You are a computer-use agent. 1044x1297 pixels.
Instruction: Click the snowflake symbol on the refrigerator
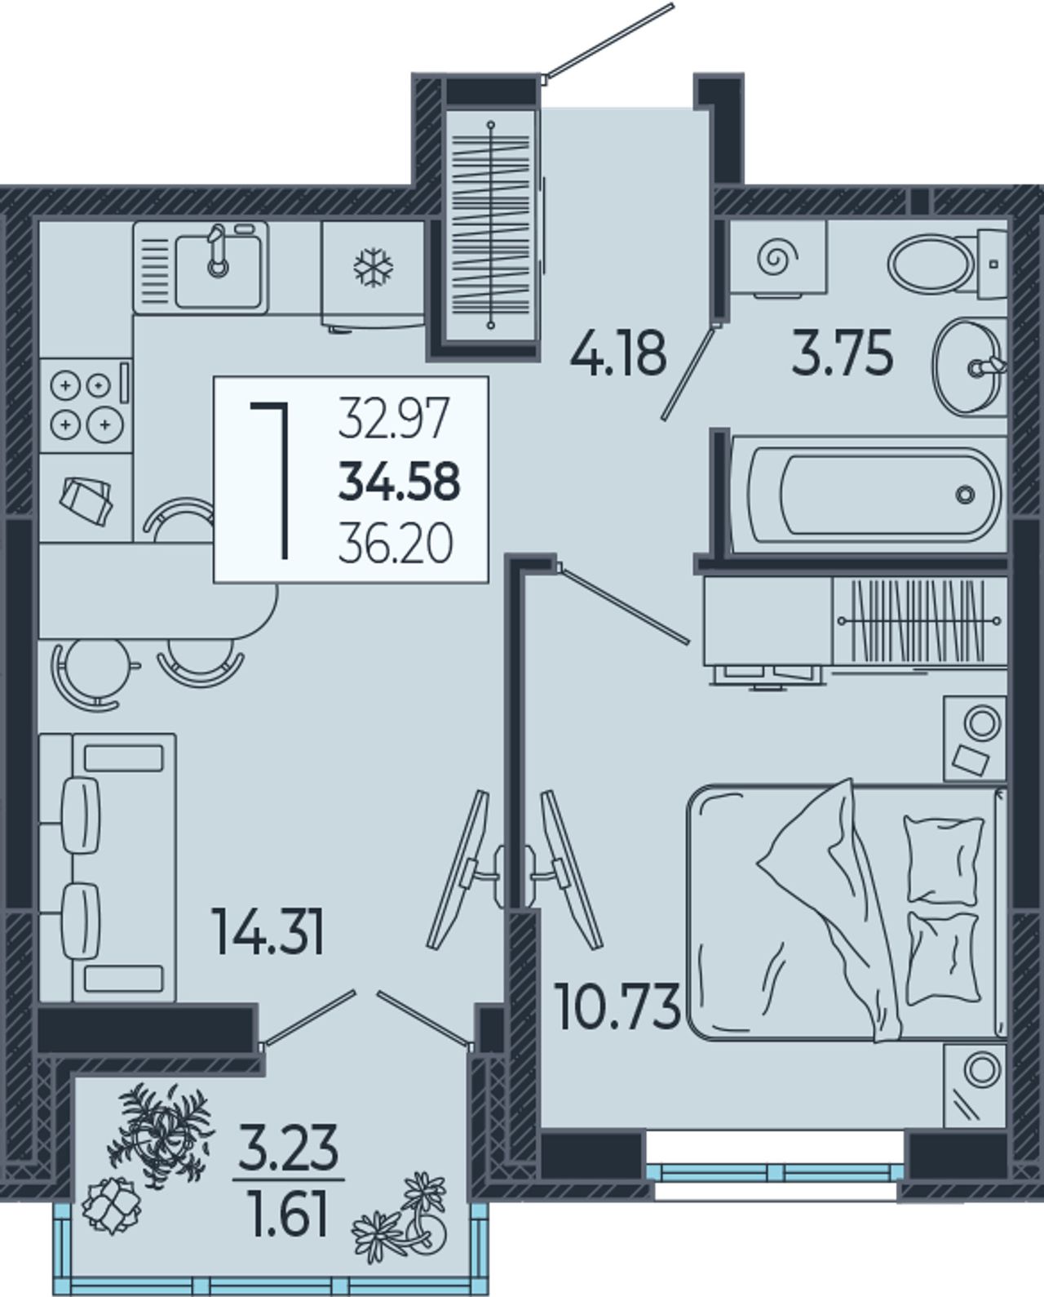374,267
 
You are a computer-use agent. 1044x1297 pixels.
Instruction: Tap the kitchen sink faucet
218,250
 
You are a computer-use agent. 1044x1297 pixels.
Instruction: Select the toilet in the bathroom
947,264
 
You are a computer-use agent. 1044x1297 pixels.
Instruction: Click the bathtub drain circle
965,494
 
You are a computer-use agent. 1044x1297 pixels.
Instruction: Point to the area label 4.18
618,353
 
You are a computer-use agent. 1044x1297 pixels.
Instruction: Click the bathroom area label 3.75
842,353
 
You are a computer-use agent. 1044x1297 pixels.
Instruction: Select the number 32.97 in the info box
394,417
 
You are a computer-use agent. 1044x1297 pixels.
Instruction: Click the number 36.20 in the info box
396,543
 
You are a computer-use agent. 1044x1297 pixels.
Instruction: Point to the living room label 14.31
268,932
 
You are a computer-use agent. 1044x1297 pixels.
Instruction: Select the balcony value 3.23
288,1146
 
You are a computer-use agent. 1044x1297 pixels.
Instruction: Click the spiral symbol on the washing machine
778,260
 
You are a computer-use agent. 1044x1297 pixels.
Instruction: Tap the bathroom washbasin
969,366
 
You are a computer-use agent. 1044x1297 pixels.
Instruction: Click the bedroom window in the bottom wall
775,1172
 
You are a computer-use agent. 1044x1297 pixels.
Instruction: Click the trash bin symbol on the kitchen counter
86,500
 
